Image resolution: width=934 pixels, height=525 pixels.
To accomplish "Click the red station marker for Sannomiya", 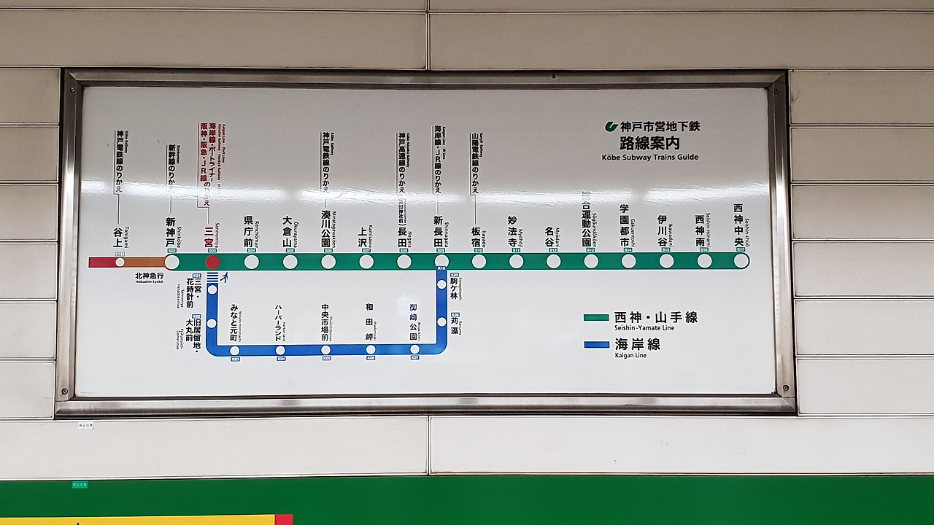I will (x=212, y=262).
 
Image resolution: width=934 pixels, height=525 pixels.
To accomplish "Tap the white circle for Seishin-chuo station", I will (x=741, y=261).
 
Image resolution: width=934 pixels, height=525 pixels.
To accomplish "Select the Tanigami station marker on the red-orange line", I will (x=120, y=262).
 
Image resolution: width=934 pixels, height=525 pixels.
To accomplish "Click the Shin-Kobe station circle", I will (x=172, y=262).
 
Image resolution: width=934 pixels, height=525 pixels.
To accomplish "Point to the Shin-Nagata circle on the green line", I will (x=441, y=261).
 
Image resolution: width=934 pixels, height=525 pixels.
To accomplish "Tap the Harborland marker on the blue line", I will (x=280, y=350).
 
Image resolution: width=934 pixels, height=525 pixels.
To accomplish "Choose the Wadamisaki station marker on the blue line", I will (x=371, y=350).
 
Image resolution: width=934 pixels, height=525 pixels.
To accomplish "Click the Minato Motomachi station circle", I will (x=235, y=350).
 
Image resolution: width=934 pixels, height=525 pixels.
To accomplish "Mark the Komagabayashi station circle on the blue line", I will (x=441, y=284).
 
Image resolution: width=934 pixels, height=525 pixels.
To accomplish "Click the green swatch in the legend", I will (x=596, y=318).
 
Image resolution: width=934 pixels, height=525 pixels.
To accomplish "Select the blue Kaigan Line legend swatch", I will (x=596, y=345).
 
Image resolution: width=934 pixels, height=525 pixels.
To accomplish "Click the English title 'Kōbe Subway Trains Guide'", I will (x=649, y=157).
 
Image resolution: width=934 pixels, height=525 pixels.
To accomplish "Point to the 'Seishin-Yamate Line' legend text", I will (x=644, y=328).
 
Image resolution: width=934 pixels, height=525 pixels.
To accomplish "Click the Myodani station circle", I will (x=553, y=261).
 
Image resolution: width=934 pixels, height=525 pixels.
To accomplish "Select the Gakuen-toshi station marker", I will (x=628, y=261).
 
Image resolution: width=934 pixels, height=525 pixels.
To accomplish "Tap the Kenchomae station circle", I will (x=251, y=262).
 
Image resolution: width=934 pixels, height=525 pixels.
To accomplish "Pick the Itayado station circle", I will (x=479, y=261).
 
